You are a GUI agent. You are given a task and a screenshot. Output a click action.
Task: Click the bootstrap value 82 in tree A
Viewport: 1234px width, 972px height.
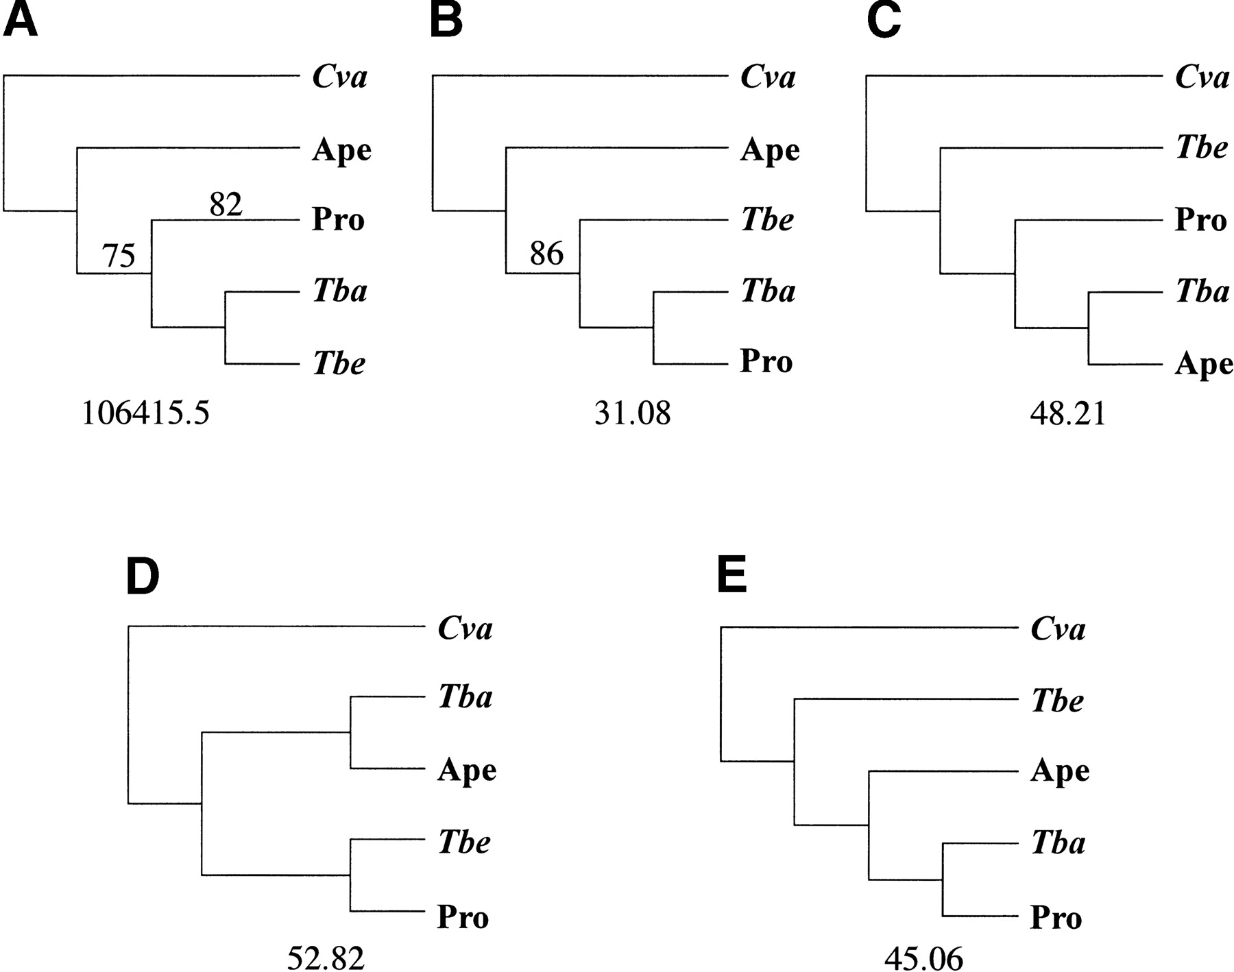226,204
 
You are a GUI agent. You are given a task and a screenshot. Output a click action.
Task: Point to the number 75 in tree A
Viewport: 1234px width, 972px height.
119,256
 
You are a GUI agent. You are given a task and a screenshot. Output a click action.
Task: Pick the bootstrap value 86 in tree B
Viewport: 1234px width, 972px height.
546,254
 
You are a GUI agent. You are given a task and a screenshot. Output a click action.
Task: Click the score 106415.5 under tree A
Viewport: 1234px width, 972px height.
145,413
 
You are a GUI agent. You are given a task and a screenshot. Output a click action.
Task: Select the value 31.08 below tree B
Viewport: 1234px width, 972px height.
632,413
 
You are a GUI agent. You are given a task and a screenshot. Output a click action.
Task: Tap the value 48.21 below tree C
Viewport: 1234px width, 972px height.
1067,413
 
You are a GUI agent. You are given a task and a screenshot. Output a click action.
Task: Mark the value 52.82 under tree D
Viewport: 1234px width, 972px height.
326,958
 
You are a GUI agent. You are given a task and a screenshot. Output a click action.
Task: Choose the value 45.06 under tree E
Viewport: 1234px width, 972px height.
923,958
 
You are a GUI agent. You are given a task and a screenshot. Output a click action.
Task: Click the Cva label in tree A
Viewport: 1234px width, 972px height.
340,76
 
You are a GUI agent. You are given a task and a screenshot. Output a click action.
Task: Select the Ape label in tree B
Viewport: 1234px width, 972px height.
770,150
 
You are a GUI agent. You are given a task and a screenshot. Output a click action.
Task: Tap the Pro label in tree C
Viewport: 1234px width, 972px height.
1200,220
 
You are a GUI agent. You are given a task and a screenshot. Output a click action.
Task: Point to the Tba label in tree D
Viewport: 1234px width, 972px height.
465,697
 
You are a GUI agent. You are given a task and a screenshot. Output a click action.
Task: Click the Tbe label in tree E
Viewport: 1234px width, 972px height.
1057,701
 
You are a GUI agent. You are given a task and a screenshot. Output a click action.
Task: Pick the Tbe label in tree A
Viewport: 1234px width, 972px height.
339,363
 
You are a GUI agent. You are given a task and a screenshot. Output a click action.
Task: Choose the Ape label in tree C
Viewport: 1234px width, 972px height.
1203,364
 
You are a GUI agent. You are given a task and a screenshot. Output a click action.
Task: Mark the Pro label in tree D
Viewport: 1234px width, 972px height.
463,917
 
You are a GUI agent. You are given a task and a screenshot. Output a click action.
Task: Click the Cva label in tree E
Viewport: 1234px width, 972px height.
1058,629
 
